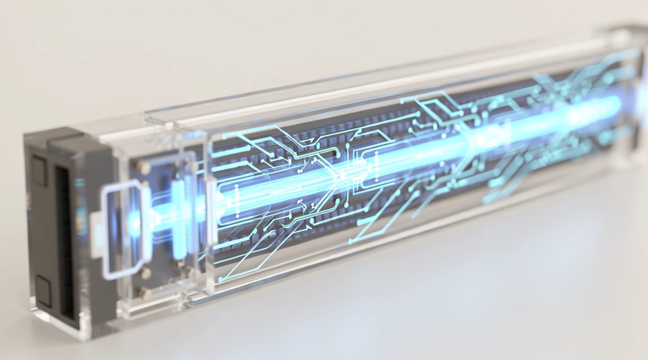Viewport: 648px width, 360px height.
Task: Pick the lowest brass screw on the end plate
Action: point(144,292)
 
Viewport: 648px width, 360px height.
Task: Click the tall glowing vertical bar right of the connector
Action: point(179,209)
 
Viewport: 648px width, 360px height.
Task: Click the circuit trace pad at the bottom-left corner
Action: point(222,279)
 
